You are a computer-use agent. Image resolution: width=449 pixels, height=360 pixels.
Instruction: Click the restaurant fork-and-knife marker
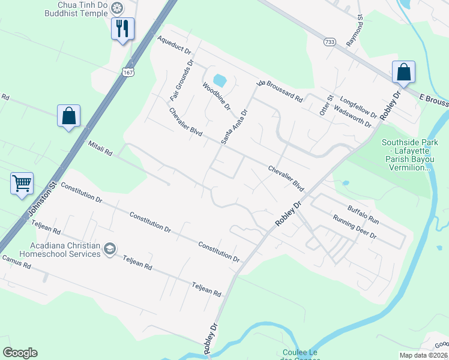point(122,28)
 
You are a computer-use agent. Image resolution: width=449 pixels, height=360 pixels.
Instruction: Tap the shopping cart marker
point(22,182)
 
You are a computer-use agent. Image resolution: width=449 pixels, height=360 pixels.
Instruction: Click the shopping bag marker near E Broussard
point(404,72)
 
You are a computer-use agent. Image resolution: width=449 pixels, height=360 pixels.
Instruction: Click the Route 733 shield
point(329,42)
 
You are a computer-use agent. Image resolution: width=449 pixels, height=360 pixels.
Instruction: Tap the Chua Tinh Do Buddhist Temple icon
point(116,8)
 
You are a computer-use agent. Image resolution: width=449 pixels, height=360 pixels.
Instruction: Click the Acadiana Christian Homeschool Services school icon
point(109,249)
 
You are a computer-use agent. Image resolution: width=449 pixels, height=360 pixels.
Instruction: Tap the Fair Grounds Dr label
point(181,79)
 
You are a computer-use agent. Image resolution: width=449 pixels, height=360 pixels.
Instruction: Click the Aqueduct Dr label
point(173,46)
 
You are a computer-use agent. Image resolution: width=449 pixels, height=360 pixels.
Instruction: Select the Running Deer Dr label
point(354,227)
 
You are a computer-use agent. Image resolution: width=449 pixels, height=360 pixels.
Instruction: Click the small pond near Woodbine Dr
point(220,80)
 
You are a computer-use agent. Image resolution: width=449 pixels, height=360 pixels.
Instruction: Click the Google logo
point(20,353)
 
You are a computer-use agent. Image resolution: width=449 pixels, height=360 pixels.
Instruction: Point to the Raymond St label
point(355,31)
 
